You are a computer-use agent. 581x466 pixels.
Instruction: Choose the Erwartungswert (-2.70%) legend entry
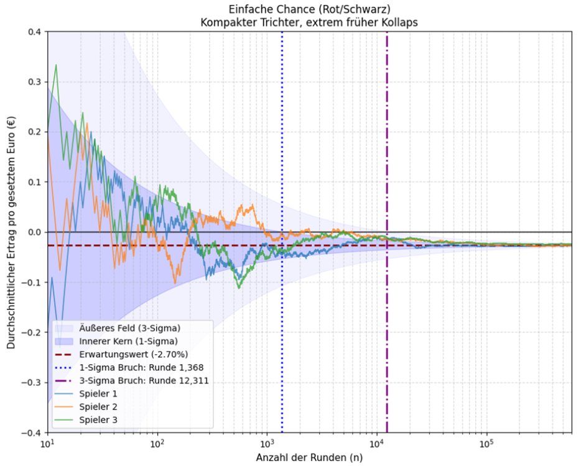pos(121,355)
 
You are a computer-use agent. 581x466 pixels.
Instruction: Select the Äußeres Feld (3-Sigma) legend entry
pos(118,328)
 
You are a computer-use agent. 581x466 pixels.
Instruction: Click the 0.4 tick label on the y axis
pos(34,32)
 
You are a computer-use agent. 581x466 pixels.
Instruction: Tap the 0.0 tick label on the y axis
pos(34,232)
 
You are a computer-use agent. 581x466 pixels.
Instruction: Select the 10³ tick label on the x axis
pos(267,442)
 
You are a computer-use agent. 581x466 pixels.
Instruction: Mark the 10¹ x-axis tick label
pos(47,442)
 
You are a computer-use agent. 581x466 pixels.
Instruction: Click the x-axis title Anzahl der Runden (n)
pos(309,458)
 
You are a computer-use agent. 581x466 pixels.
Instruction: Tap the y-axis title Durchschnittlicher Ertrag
pos(11,232)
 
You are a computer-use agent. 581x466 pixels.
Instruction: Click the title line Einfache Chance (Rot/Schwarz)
pos(309,9)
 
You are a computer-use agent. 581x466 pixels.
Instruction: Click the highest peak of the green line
pos(56,65)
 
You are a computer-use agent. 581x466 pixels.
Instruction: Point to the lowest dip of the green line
pos(239,288)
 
